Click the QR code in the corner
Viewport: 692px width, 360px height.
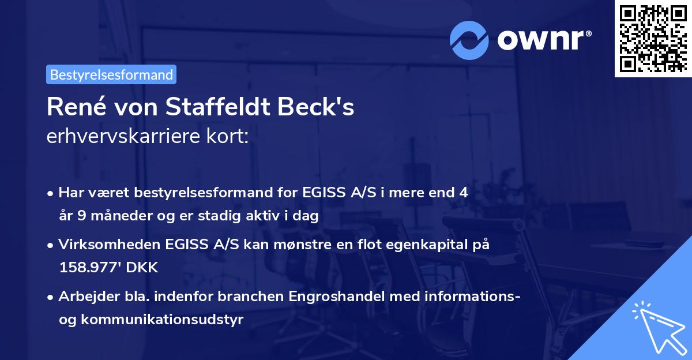point(652,38)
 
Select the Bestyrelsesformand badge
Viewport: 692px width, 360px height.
point(111,74)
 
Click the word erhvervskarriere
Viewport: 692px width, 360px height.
point(119,137)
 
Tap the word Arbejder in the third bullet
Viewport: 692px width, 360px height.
point(84,297)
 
